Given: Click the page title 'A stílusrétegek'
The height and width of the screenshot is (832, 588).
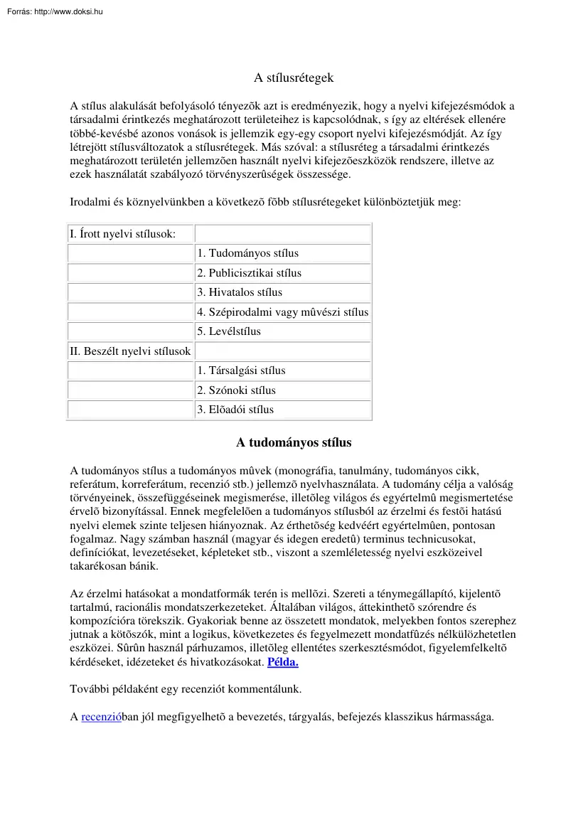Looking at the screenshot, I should [x=294, y=78].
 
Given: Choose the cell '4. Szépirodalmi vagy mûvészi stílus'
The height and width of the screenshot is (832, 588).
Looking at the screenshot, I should [x=282, y=312].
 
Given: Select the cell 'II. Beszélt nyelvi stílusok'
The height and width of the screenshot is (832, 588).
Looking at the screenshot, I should [x=130, y=351].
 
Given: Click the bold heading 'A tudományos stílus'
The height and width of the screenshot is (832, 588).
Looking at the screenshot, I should [x=294, y=443].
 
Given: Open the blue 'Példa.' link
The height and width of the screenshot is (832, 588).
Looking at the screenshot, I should [x=282, y=662].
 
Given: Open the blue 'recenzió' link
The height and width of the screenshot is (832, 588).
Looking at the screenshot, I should [x=102, y=717].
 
